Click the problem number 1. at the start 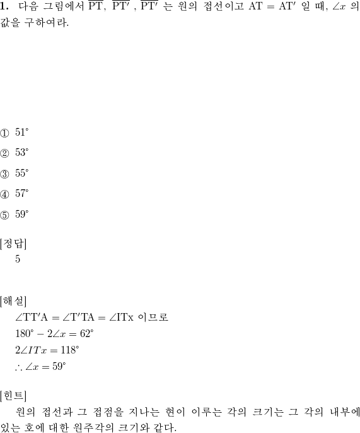point(4,6)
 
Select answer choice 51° point(22,133)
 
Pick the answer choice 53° point(22,153)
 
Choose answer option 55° point(22,173)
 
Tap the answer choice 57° point(22,194)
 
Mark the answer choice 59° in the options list point(22,215)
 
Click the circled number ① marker point(4,133)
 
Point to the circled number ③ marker point(4,174)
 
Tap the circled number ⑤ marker point(4,215)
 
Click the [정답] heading point(13,244)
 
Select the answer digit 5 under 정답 point(18,259)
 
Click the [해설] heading point(13,301)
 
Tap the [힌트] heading point(13,396)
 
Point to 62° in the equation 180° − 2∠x point(86,334)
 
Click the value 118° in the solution point(70,350)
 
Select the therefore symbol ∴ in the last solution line point(19,367)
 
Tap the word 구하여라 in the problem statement point(47,23)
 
